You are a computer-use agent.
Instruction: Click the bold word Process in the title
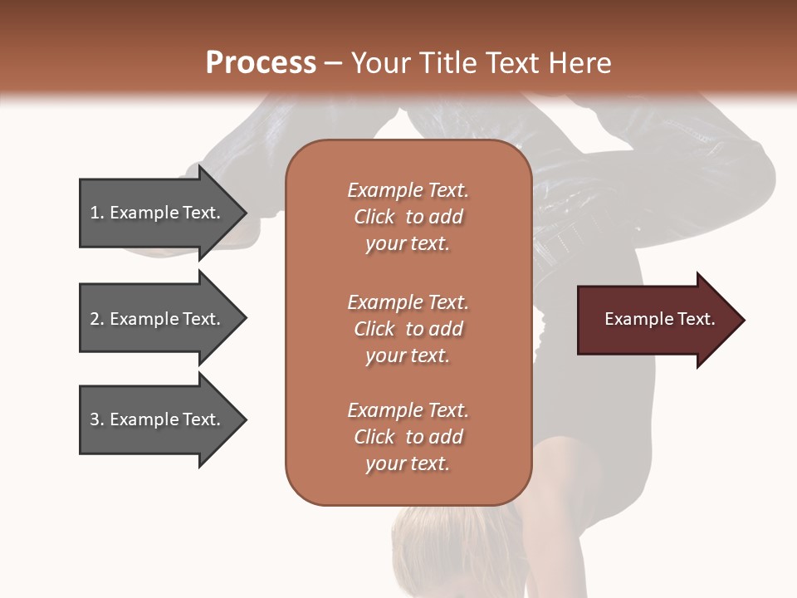point(261,63)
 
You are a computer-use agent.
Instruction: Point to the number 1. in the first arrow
point(97,213)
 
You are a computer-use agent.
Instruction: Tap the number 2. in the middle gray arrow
point(97,319)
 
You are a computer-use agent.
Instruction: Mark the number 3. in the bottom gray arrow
point(97,419)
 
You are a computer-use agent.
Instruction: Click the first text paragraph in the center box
point(408,217)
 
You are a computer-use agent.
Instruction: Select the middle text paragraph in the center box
point(408,328)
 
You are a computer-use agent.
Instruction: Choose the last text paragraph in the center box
point(408,437)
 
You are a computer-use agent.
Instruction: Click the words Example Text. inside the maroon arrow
point(660,320)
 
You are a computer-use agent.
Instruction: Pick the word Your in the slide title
point(376,63)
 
